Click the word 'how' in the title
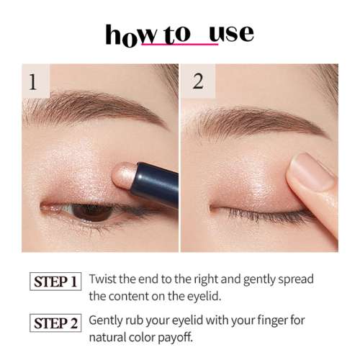(125, 35)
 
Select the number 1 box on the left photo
(32, 81)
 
